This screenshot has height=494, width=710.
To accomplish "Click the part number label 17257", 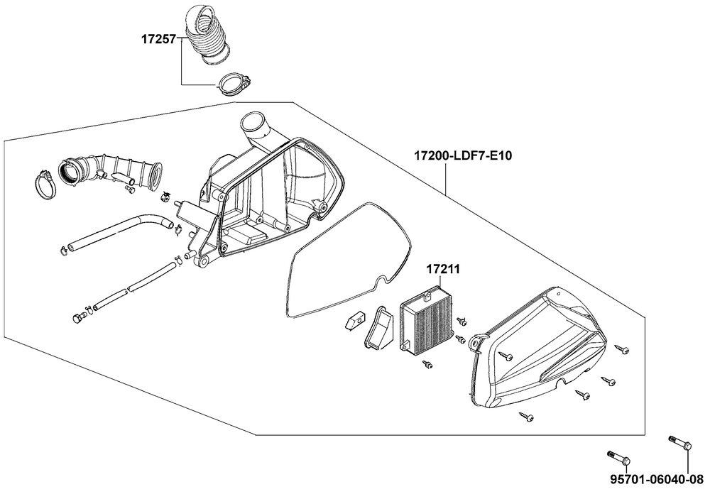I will pyautogui.click(x=160, y=41).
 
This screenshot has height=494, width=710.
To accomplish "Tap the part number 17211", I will pyautogui.click(x=443, y=270).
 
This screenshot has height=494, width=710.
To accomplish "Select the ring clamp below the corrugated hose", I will pyautogui.click(x=232, y=83).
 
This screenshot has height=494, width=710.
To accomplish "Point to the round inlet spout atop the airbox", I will pyautogui.click(x=256, y=128).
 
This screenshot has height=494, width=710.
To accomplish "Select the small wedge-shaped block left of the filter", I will pyautogui.click(x=353, y=322).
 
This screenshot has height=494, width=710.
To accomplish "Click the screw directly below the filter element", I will pyautogui.click(x=428, y=364).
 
